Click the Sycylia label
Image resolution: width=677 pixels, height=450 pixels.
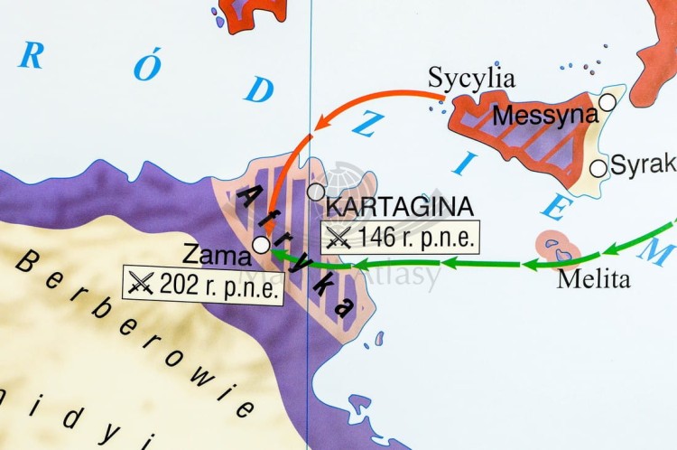pos(471,78)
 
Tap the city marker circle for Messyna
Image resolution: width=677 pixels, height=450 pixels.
pos(607,103)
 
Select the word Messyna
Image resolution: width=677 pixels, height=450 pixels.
pos(546,116)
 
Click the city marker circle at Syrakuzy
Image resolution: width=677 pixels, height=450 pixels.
pos(598,168)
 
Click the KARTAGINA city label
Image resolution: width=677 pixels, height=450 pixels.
pos(399,207)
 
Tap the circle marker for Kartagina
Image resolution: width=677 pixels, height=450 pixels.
pos(315,192)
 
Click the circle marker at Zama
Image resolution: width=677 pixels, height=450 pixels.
pos(260,244)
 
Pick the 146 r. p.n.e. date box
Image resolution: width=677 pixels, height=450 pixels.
pos(399,237)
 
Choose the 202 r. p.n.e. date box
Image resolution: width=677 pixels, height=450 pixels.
pos(203,285)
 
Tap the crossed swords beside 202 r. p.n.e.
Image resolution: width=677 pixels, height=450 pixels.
pos(142,285)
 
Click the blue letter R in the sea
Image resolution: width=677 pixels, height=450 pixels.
pos(31,56)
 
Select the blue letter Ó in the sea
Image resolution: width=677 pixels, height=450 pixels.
pos(145,67)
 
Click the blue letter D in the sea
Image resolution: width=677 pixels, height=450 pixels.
pos(261,89)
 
